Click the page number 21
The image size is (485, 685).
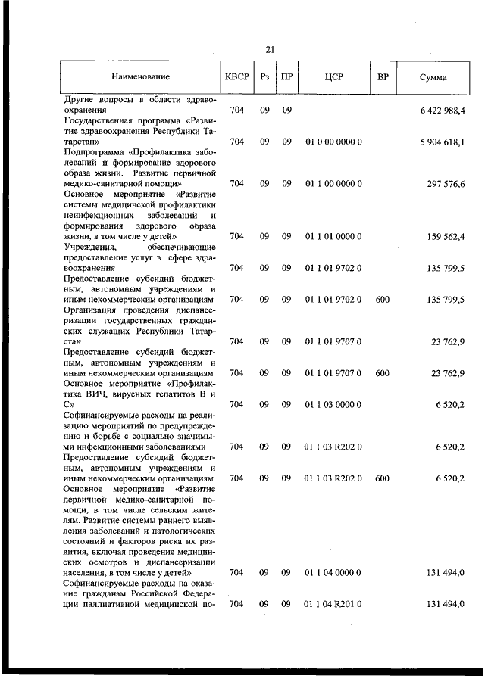click(x=270, y=50)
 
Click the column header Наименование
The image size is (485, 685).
click(x=140, y=77)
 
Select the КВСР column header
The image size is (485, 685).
click(x=236, y=77)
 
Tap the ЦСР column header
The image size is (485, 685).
click(x=333, y=77)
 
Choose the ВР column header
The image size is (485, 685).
click(x=383, y=77)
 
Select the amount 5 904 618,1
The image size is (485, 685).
click(x=442, y=142)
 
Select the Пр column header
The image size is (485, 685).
click(x=286, y=77)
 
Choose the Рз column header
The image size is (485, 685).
click(x=264, y=77)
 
